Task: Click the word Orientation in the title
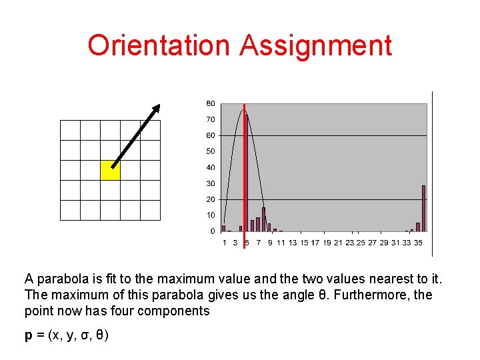[159, 45]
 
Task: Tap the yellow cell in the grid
[110, 170]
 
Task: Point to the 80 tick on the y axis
[210, 104]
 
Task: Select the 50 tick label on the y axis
[210, 152]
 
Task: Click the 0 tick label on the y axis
[213, 231]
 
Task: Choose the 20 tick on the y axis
[210, 199]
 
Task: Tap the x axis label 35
[418, 243]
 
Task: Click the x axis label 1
[224, 243]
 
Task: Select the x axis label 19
[327, 243]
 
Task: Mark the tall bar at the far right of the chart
[423, 208]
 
